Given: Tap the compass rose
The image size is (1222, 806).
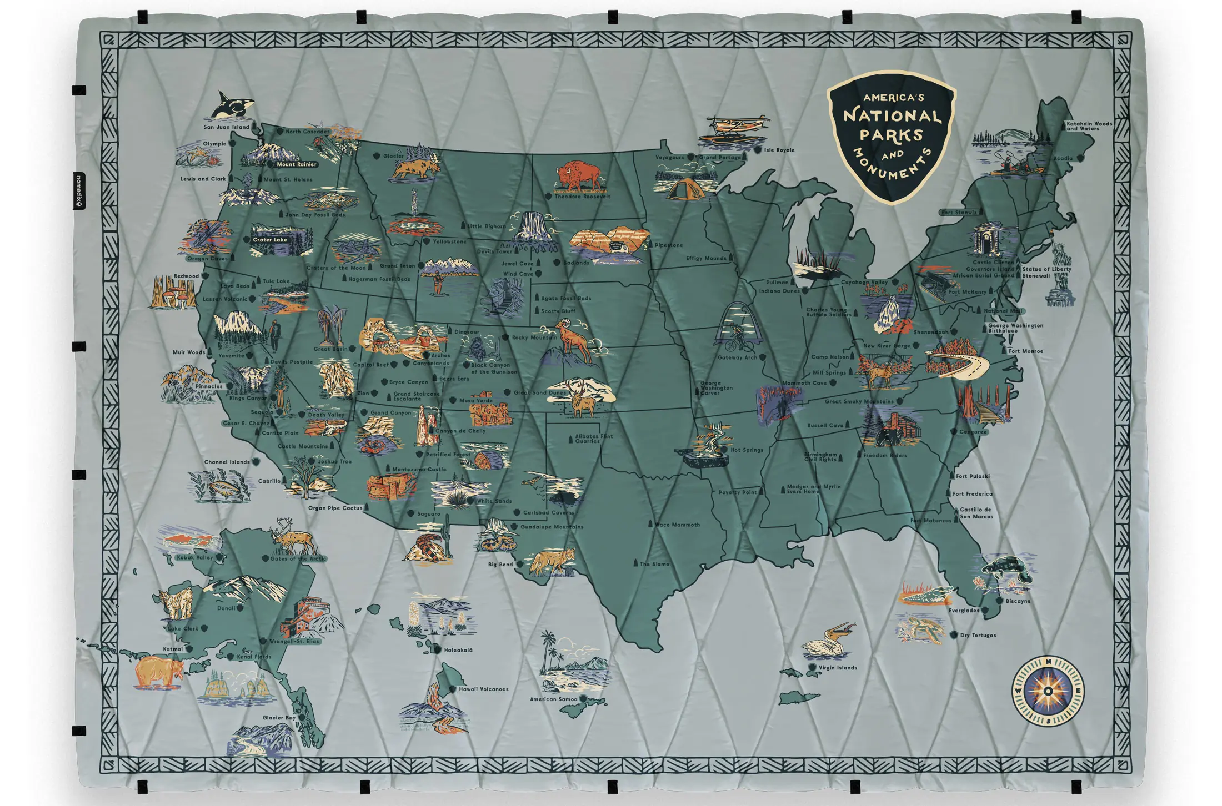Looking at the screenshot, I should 1048,691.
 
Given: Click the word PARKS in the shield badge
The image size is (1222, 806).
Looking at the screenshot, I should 891,135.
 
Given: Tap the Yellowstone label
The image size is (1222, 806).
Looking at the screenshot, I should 449,241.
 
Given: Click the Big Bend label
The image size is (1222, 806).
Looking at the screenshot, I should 500,565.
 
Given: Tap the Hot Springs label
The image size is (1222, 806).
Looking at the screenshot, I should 747,450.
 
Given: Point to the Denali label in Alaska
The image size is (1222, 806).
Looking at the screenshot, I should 226,608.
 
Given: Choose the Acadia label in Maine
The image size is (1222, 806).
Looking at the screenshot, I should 1063,159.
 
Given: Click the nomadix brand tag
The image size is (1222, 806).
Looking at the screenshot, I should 79,190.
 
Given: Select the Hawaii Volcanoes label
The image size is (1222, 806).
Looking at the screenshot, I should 483,689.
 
